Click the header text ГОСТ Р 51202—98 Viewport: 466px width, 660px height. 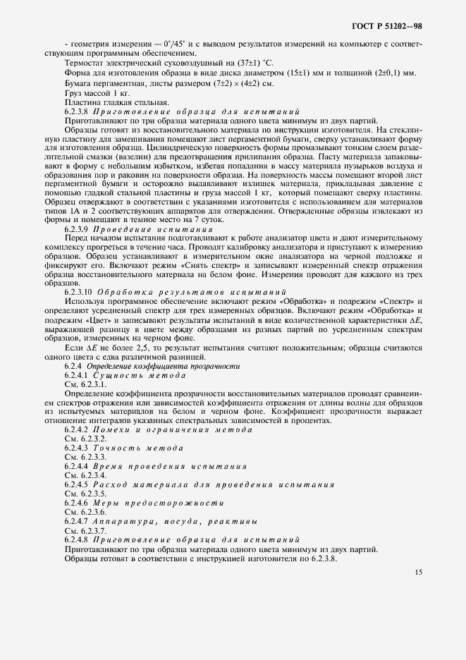387,27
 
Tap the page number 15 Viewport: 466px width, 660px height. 419,573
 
